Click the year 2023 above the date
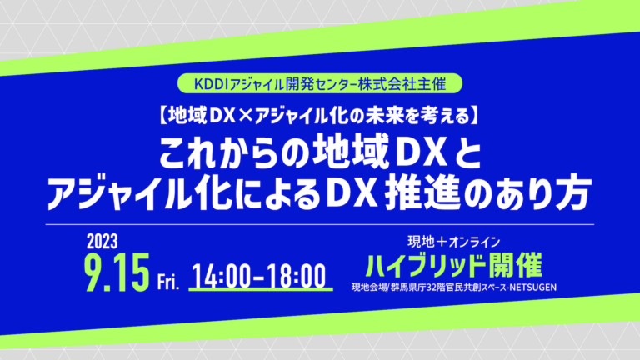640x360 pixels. [102, 242]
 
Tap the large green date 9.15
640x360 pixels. [117, 272]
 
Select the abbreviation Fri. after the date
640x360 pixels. [168, 282]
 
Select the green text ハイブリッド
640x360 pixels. [423, 266]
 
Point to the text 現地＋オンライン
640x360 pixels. [454, 242]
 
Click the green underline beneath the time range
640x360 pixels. [261, 289]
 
